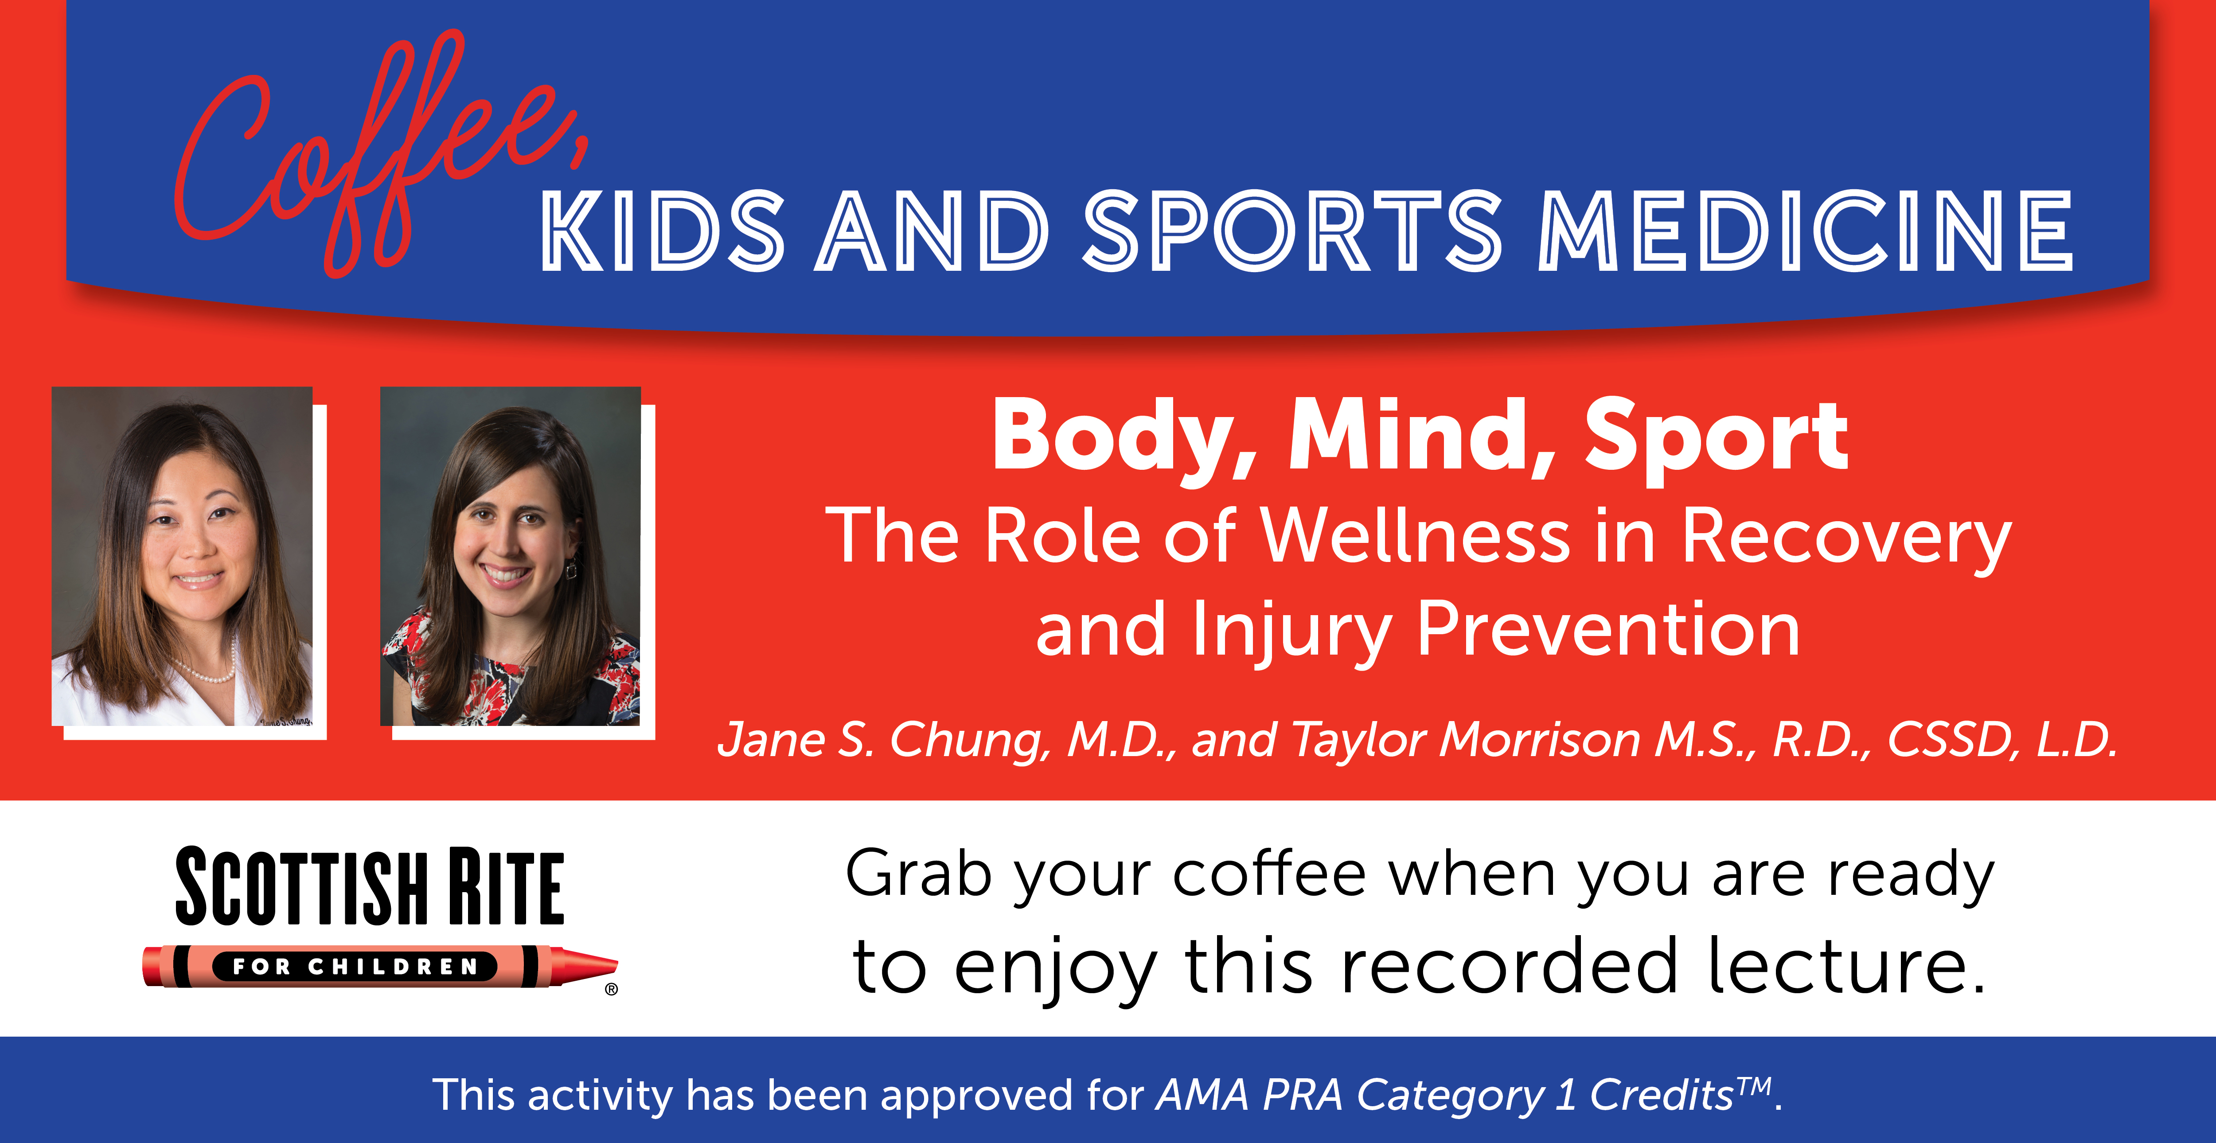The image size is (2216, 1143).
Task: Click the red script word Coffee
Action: tap(378, 155)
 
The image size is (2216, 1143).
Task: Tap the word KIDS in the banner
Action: tap(663, 230)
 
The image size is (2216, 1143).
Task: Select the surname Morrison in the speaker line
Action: tap(1540, 740)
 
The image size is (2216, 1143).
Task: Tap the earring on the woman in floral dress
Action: tap(570, 568)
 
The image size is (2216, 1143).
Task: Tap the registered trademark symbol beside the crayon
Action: tap(612, 989)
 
